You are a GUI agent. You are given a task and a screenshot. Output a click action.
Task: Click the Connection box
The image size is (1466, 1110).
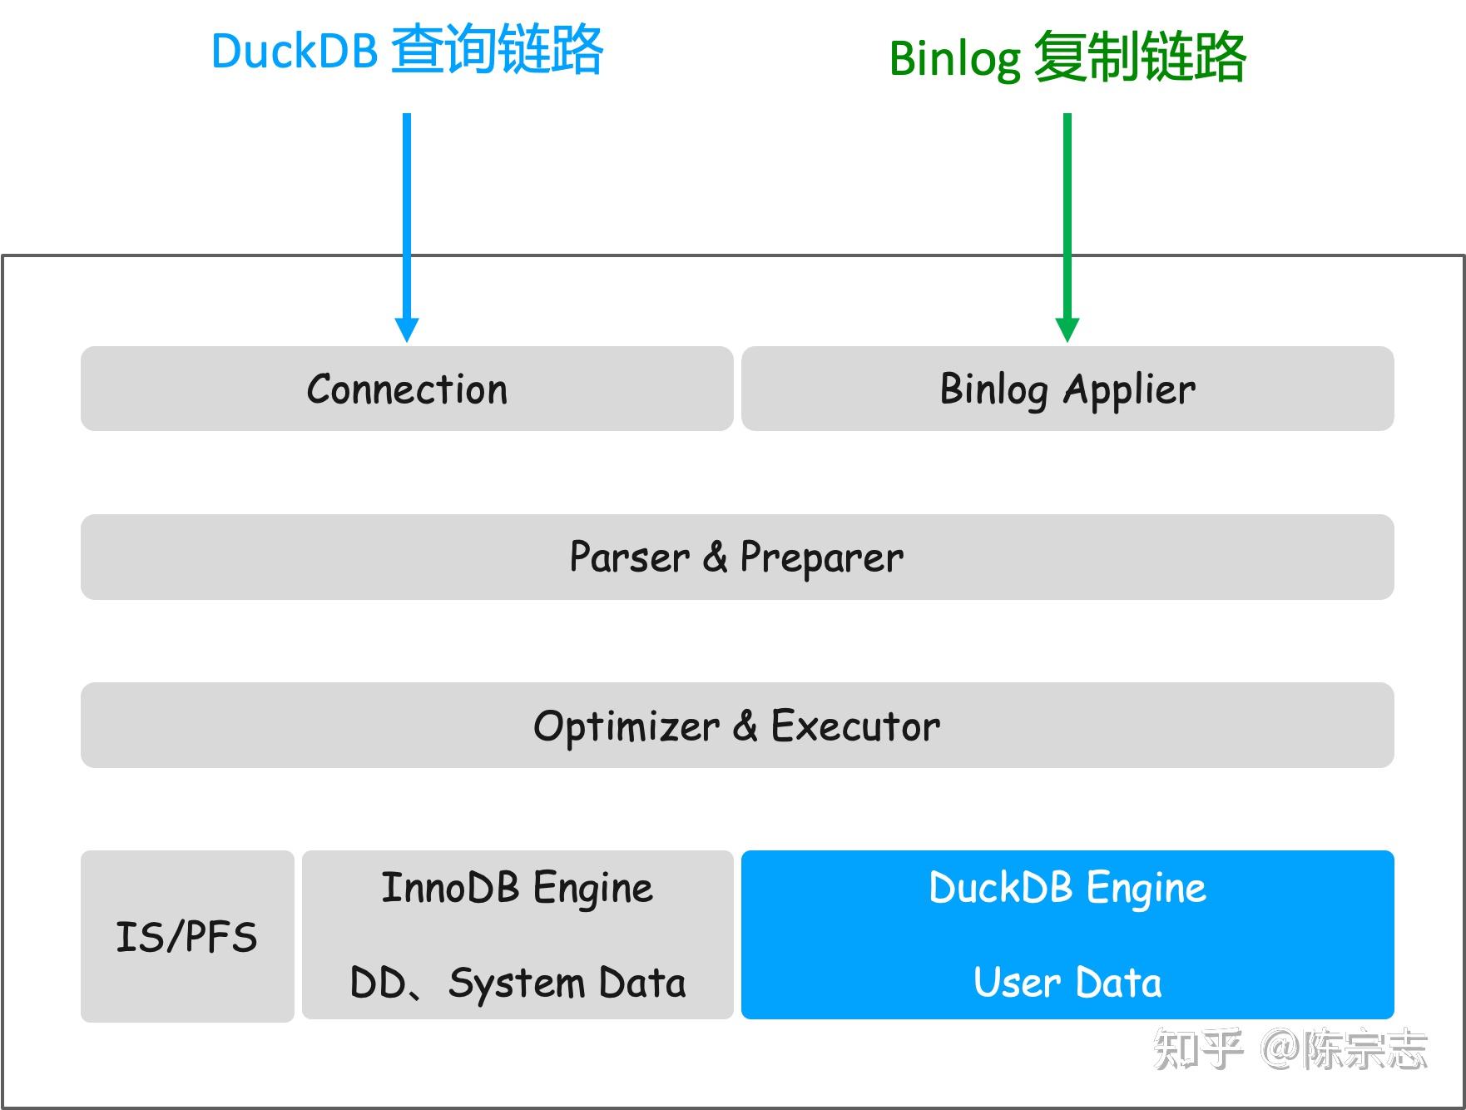pos(406,389)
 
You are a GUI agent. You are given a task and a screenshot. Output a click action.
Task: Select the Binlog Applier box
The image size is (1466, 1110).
pos(1067,389)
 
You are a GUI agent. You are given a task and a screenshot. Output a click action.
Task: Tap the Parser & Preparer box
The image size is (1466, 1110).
pos(736,557)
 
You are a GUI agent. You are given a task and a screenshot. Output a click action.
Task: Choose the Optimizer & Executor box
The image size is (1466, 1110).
pos(736,726)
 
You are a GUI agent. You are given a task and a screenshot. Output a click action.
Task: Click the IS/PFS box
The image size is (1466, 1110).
pos(186,936)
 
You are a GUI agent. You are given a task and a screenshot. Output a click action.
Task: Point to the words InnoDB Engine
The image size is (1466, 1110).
pos(517,888)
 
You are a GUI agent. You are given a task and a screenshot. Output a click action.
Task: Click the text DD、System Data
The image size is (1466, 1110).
pos(517,983)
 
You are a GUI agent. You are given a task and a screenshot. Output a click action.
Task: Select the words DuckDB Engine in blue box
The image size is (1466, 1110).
pos(1067,888)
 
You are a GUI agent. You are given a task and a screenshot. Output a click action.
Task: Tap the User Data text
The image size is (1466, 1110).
pos(1067,983)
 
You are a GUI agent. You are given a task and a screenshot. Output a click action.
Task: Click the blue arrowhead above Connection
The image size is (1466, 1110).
pos(406,330)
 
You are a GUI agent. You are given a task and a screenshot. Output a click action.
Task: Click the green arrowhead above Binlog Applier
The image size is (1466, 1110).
pos(1067,330)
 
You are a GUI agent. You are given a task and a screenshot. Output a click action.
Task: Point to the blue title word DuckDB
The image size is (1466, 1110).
pos(295,52)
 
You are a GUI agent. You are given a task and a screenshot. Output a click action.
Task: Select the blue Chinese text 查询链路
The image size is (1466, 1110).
pos(497,50)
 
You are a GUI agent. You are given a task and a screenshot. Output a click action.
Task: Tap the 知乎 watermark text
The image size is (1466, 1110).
pos(1198,1048)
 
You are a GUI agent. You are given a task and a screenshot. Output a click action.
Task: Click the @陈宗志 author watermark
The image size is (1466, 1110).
pos(1345,1048)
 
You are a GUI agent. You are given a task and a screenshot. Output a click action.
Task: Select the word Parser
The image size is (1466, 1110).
pos(629,557)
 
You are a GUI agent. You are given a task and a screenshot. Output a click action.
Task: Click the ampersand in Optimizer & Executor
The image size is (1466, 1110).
pos(745,726)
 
